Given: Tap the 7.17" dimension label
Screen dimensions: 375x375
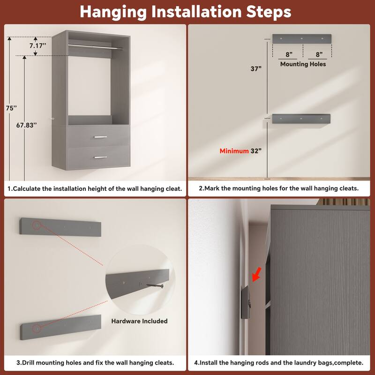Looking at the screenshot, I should pos(37,46).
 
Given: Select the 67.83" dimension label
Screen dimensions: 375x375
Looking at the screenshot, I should pos(26,125).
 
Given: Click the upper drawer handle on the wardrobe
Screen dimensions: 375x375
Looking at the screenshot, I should pos(100,137).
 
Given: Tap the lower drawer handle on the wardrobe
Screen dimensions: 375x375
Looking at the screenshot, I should pos(100,157).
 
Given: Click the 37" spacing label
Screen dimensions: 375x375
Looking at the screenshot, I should pos(256,68).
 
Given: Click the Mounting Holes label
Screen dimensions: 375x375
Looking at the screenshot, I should pos(303,64).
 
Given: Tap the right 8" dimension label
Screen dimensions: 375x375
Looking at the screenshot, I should pos(319,54).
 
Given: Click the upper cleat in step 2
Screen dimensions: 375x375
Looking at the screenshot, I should pos(301,38).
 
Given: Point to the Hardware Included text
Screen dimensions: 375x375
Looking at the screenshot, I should pos(139,321).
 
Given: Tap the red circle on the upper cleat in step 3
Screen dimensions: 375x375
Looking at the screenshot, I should pos(36,226).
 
